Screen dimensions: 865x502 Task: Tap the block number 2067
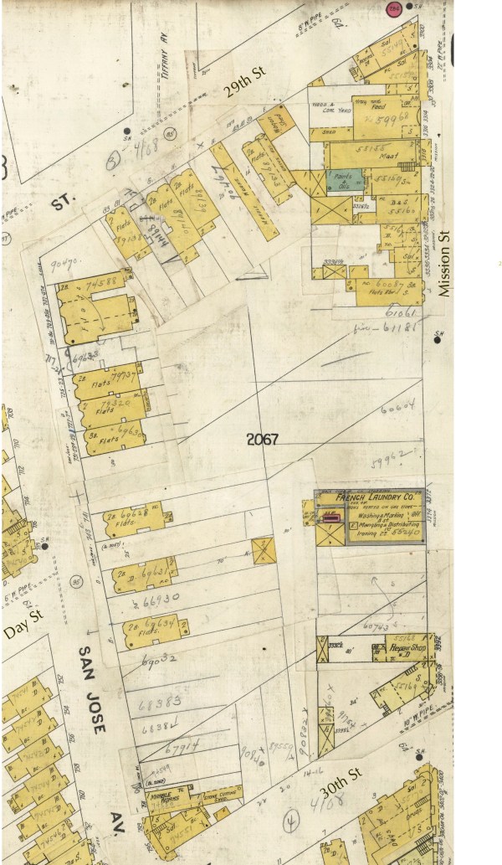pos(262,439)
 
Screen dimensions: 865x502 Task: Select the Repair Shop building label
pos(407,647)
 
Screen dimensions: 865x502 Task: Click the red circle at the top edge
pos(394,8)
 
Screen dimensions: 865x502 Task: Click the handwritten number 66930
pos(162,599)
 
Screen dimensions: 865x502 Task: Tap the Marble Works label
pos(159,795)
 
